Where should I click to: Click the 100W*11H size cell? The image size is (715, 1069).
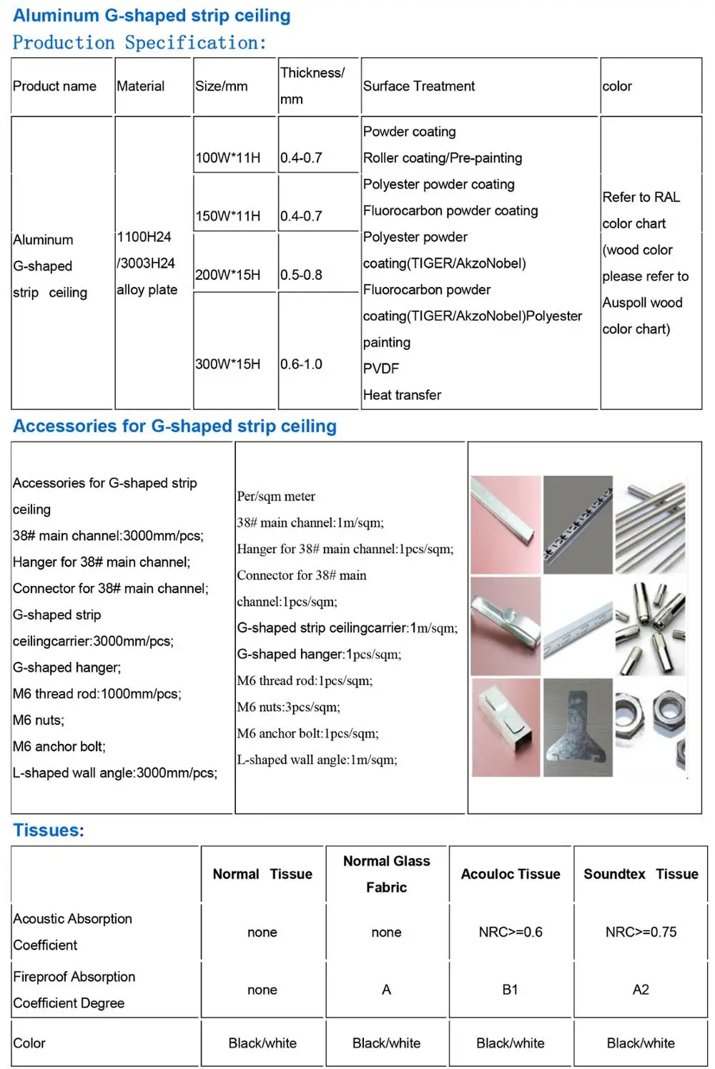[x=228, y=157]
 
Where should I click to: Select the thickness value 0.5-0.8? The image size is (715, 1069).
[x=301, y=275]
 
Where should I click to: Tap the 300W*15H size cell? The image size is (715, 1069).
[x=228, y=363]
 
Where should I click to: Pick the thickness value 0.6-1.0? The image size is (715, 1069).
[x=301, y=363]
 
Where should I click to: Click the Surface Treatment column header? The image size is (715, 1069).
[x=418, y=86]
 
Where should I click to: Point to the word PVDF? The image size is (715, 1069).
[x=381, y=368]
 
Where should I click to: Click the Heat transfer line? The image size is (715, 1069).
[x=402, y=395]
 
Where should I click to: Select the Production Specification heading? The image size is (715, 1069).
[x=139, y=43]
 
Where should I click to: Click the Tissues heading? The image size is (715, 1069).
[x=49, y=830]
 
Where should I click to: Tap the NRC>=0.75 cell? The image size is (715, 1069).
[x=641, y=932]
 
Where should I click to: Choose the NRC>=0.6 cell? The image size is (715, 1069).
[x=511, y=932]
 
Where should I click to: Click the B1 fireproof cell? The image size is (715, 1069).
[x=510, y=990]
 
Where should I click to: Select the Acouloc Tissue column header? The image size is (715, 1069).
[x=511, y=874]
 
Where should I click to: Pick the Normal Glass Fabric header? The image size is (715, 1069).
[x=386, y=874]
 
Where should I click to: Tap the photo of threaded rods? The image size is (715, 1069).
[x=651, y=524]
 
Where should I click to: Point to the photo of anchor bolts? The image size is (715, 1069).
[x=651, y=627]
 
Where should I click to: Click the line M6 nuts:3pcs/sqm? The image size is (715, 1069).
[x=289, y=707]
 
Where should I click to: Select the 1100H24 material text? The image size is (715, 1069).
[x=144, y=237]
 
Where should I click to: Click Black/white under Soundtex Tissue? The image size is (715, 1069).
[x=641, y=1043]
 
